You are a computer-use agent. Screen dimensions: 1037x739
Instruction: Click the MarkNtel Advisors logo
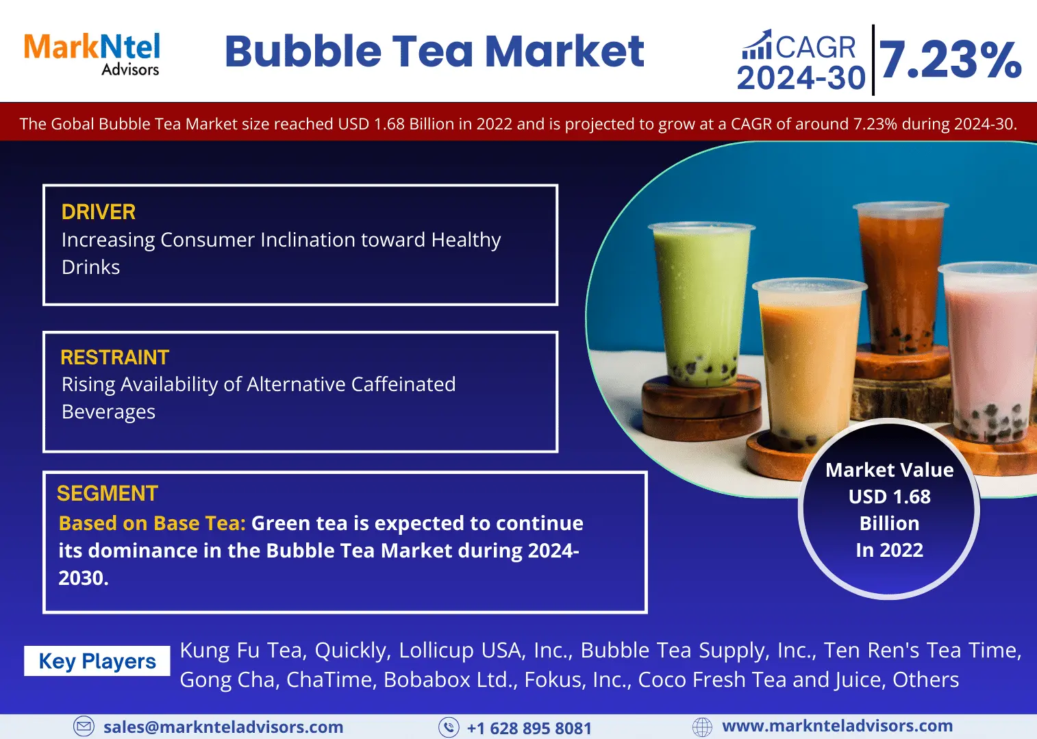(92, 54)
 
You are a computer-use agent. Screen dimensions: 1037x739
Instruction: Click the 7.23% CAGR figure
(949, 60)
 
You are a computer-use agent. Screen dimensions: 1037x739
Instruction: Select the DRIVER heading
(98, 212)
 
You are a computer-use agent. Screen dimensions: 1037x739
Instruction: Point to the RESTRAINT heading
(115, 358)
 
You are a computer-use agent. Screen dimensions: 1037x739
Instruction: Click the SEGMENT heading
(108, 494)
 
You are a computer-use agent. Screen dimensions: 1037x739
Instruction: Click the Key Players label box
(97, 661)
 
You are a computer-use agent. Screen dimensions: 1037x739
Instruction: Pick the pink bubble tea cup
(988, 352)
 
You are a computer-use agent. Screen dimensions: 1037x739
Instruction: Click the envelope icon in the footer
(84, 726)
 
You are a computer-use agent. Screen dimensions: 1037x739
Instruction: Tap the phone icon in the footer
(449, 727)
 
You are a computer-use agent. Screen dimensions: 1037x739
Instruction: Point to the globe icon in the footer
(702, 727)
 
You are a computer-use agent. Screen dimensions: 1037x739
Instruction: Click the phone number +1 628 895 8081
(529, 728)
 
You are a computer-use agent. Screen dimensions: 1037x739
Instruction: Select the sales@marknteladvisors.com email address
(223, 727)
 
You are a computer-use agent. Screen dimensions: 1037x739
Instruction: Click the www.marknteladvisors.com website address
(837, 725)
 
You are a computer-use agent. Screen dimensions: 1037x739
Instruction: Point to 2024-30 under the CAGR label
(801, 77)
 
